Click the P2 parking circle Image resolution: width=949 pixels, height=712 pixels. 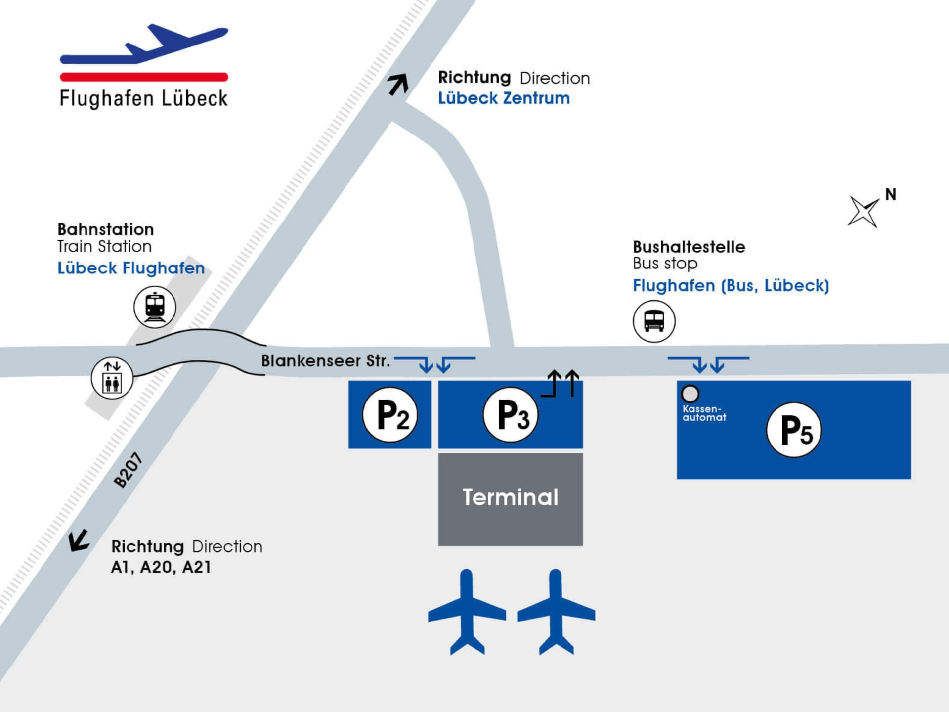390,414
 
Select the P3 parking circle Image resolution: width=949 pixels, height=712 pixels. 511,414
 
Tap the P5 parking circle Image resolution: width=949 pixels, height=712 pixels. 794,430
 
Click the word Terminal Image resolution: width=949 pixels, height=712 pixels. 510,497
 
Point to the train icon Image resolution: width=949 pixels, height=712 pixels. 155,307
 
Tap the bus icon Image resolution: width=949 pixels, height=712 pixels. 654,321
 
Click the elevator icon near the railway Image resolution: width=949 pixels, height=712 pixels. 112,378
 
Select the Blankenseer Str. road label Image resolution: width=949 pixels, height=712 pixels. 325,361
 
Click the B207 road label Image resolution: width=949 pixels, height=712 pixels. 128,470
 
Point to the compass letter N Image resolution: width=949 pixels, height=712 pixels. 891,194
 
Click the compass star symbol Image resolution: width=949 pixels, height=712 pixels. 863,212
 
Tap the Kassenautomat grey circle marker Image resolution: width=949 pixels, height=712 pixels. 690,394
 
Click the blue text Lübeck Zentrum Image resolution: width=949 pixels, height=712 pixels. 504,98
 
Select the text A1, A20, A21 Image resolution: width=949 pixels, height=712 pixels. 161,567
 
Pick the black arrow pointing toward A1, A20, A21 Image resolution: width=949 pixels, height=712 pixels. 79,540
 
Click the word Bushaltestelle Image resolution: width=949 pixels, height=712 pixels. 689,247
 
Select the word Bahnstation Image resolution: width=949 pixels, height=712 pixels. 105,229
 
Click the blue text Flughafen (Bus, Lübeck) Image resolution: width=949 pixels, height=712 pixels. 731,285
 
